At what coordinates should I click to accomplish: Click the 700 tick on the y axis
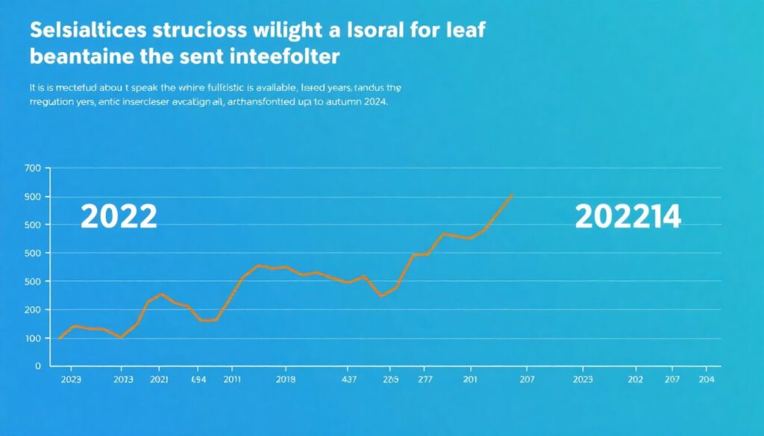coord(31,168)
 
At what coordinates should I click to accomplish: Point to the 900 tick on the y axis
coord(31,197)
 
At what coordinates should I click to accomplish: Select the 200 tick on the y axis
coord(31,309)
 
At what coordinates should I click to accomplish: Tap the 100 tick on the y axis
coord(31,338)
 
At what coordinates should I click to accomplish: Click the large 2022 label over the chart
coord(118,217)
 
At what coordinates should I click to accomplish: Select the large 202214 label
coord(627,217)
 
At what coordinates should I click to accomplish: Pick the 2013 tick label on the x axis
coord(123,379)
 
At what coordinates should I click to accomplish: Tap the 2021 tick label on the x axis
coord(158,379)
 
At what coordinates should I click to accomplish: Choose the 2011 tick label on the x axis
coord(232,379)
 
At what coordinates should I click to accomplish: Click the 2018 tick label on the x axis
coord(286,379)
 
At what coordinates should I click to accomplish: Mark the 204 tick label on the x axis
coord(706,379)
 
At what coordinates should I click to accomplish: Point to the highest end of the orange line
coord(512,195)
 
